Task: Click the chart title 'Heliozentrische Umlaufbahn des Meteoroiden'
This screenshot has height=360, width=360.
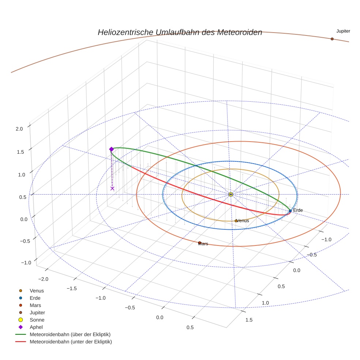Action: (x=180, y=32)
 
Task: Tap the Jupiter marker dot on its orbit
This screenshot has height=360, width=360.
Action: (x=332, y=39)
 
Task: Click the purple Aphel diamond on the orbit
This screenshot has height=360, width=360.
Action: (x=112, y=149)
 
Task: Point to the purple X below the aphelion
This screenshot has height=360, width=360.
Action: (x=112, y=188)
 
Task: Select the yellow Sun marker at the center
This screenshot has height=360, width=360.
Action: (x=230, y=194)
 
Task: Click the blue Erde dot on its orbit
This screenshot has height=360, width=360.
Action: (x=290, y=211)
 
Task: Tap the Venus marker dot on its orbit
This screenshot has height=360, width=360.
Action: (x=236, y=221)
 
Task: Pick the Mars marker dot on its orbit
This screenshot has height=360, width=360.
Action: (x=200, y=243)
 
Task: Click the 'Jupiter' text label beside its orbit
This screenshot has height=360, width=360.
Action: (x=343, y=31)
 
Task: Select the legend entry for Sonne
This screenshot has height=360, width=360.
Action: (x=37, y=320)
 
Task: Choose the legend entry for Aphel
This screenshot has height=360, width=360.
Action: (x=36, y=327)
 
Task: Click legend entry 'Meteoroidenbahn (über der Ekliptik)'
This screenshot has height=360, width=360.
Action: (x=70, y=334)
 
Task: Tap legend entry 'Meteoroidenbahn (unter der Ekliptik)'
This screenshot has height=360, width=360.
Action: (x=71, y=342)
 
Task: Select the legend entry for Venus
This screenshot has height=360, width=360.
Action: (x=37, y=290)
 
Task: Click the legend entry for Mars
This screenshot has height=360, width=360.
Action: (x=35, y=305)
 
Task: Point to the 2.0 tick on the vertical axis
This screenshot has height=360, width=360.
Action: (x=19, y=129)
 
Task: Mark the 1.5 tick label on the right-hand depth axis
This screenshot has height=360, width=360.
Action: (x=249, y=320)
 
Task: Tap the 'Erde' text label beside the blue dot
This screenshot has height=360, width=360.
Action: (x=298, y=210)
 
